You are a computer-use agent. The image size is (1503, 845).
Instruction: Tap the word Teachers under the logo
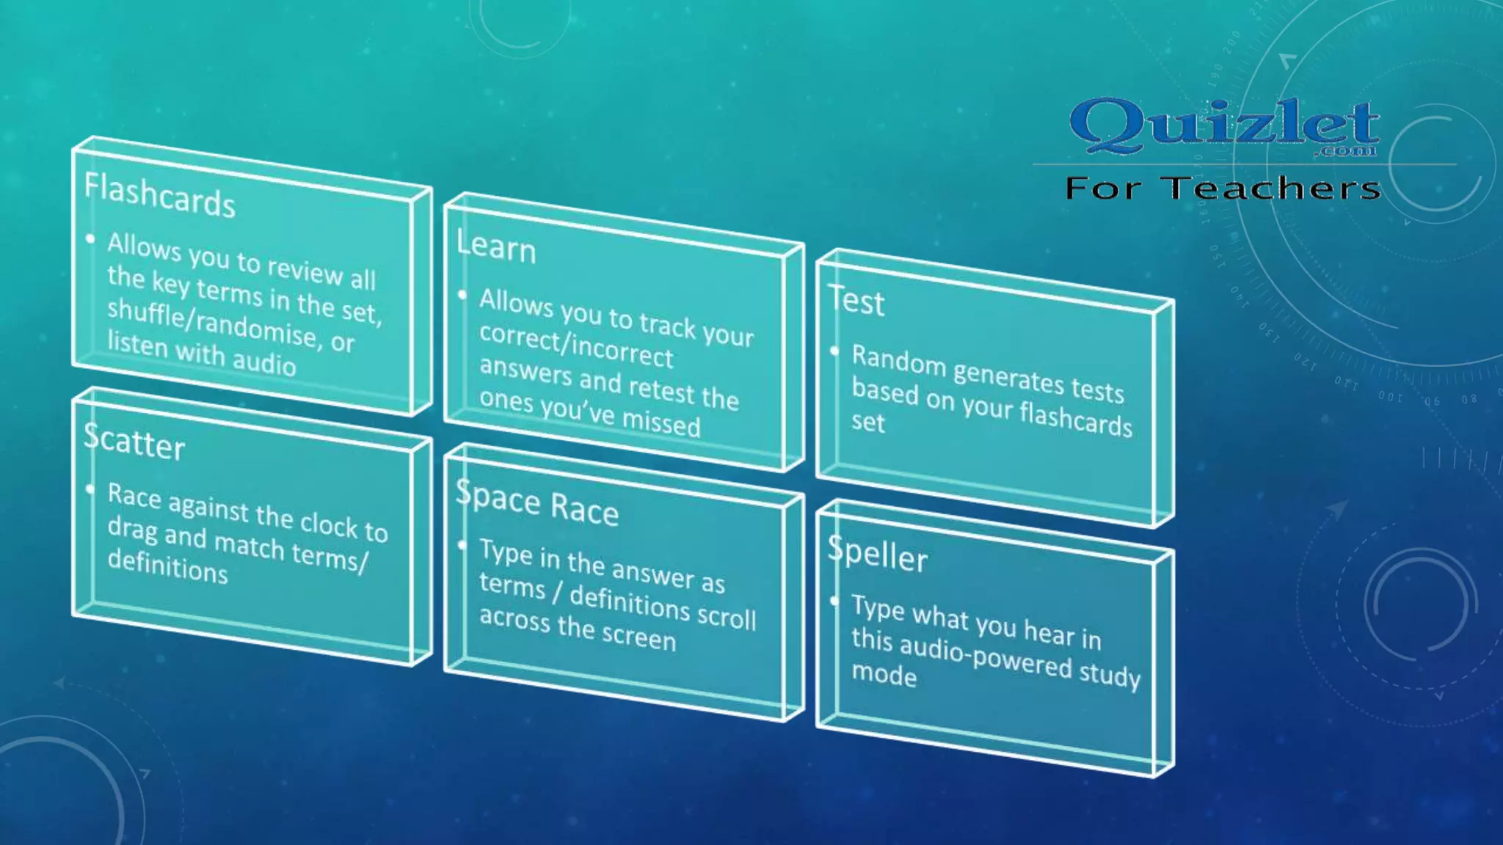tap(1273, 189)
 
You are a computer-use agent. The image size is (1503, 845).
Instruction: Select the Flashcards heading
tap(159, 195)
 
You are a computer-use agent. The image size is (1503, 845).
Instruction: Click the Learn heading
tap(496, 246)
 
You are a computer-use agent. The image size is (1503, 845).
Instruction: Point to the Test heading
tap(856, 301)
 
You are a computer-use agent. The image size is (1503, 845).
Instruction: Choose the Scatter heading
tap(134, 442)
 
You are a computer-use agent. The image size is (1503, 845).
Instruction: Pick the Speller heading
tap(878, 554)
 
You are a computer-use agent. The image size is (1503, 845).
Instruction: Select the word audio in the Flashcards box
tap(264, 362)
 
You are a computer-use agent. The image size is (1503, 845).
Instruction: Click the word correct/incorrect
tap(576, 345)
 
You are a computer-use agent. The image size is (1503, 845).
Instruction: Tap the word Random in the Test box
tap(898, 361)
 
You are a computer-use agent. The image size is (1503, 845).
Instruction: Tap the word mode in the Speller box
tap(884, 675)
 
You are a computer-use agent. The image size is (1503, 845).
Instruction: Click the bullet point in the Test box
tap(834, 351)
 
